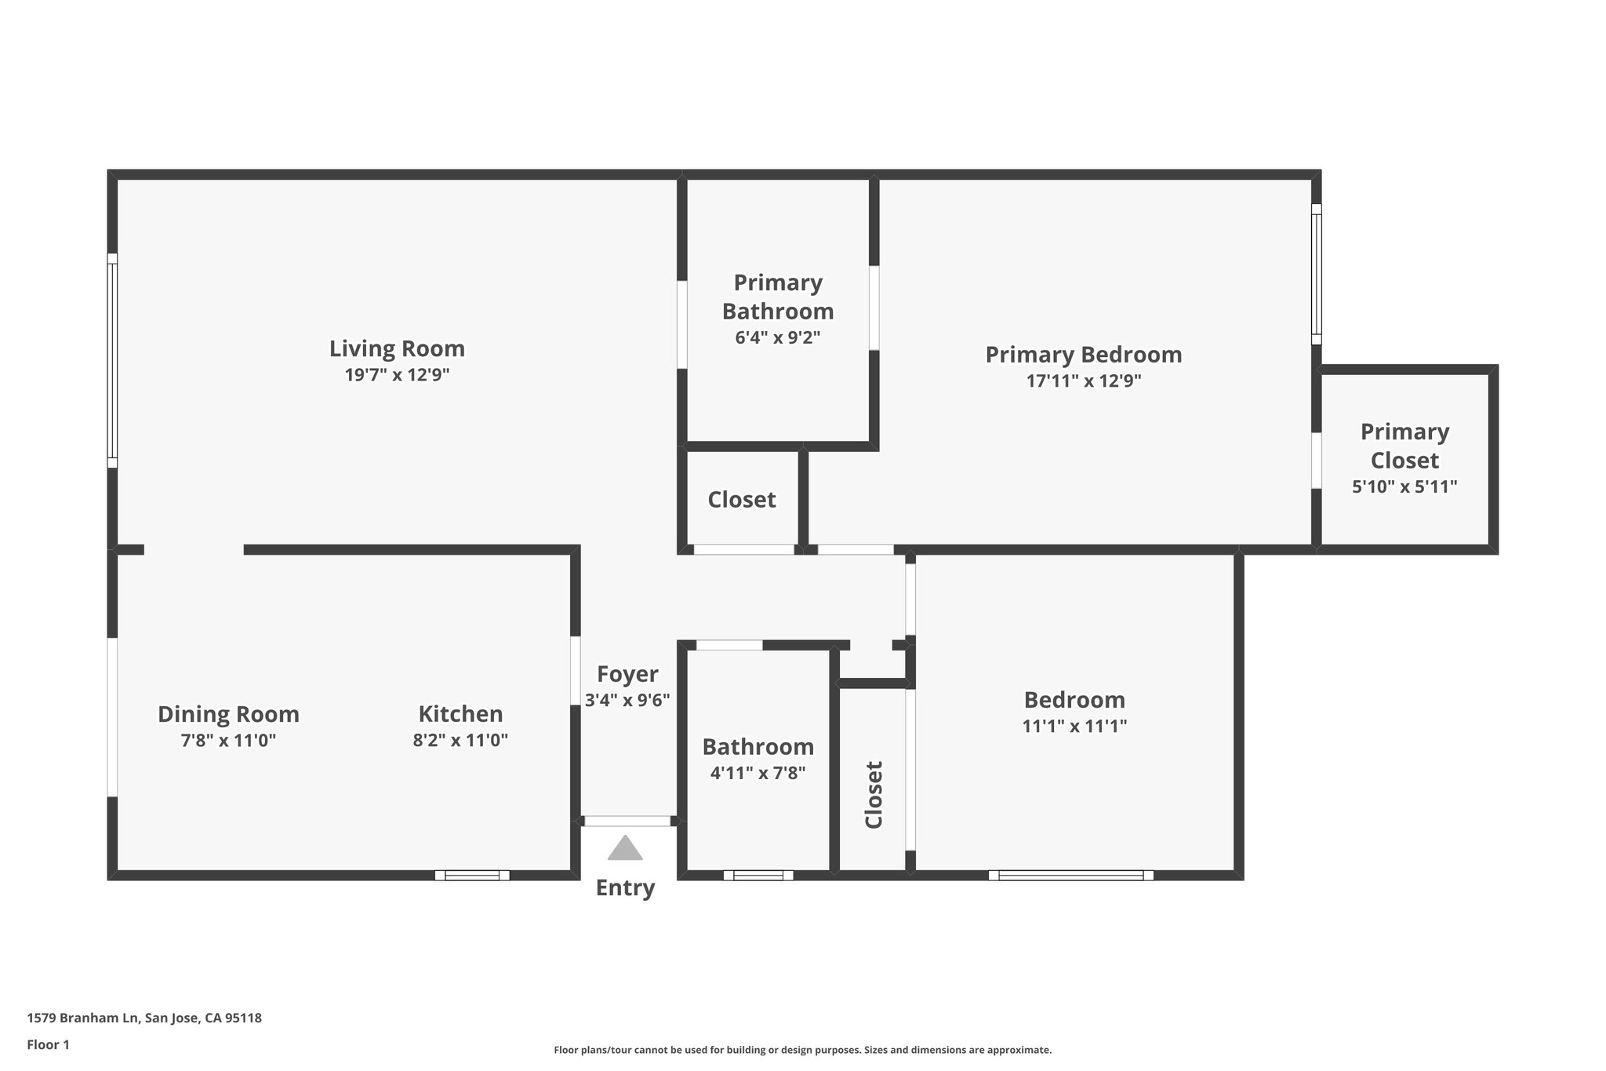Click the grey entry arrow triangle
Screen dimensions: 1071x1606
click(x=625, y=849)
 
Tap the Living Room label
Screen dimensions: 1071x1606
click(x=397, y=348)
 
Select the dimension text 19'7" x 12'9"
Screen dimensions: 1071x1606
click(x=397, y=375)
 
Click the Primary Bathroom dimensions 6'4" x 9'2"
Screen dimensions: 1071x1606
click(x=777, y=338)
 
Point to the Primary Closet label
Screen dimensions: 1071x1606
click(x=1404, y=446)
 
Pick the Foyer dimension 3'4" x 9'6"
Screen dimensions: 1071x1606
click(x=627, y=700)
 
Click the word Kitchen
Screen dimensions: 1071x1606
click(x=460, y=714)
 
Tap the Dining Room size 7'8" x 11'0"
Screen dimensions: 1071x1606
click(x=228, y=740)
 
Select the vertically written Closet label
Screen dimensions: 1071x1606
click(x=874, y=794)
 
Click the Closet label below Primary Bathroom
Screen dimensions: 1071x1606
click(x=741, y=500)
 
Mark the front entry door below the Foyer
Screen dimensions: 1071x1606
click(x=627, y=821)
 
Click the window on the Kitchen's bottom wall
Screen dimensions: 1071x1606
click(x=472, y=876)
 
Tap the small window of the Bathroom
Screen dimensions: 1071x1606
click(x=758, y=876)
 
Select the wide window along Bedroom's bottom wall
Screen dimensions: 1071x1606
click(x=1070, y=876)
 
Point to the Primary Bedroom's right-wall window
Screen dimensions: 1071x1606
click(x=1317, y=275)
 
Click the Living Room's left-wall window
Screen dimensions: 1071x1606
click(x=112, y=361)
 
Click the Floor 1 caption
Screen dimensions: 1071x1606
click(x=49, y=1044)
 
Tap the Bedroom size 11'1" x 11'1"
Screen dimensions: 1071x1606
click(x=1074, y=727)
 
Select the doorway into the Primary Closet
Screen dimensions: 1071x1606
click(x=1317, y=461)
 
